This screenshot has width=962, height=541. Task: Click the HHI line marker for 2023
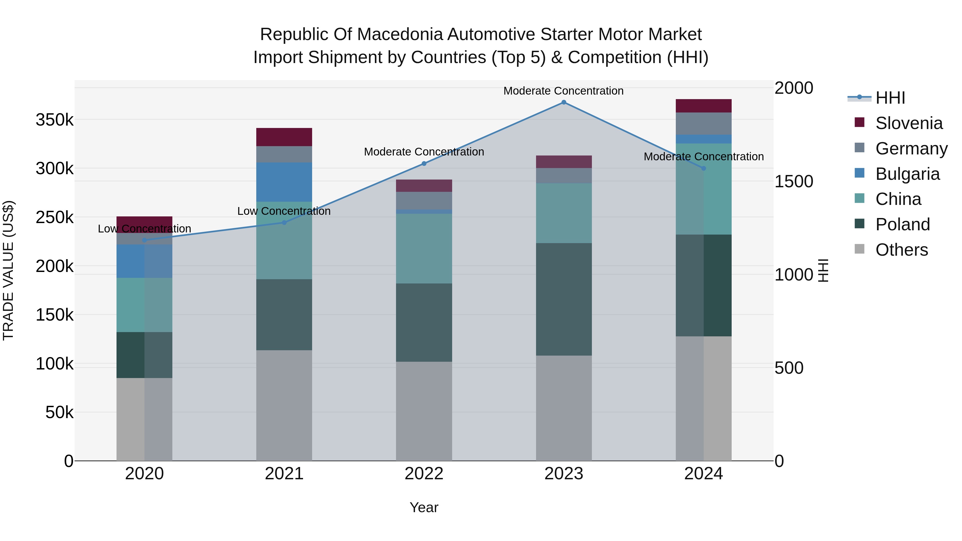click(x=564, y=102)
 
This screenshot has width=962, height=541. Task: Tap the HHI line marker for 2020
click(x=145, y=240)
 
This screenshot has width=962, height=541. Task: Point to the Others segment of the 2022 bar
click(x=424, y=411)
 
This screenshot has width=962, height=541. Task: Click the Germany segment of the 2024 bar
click(x=703, y=124)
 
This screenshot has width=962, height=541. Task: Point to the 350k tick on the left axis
click(x=55, y=120)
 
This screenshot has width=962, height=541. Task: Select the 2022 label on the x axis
click(x=424, y=474)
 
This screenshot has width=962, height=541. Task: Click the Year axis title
click(x=424, y=507)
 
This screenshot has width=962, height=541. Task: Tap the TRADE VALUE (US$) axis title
click(x=8, y=270)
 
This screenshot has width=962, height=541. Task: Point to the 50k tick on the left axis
click(x=59, y=412)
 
